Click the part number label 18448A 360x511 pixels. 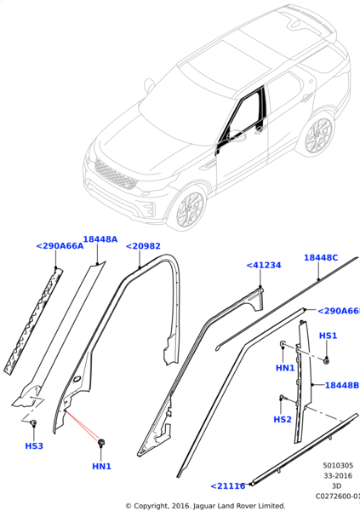[100, 240]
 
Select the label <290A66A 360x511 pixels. [60, 246]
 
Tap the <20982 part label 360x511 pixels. [143, 246]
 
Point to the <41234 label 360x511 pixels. [263, 265]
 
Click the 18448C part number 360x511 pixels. [321, 257]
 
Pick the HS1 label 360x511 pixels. [328, 336]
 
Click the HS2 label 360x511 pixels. [283, 420]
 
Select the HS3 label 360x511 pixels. [34, 445]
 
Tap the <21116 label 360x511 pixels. [228, 485]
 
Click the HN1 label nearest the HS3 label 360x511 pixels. [102, 466]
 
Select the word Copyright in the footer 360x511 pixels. [161, 505]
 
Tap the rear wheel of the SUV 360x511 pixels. [317, 134]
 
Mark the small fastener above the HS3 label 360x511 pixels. [33, 423]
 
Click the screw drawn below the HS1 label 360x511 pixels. [326, 360]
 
